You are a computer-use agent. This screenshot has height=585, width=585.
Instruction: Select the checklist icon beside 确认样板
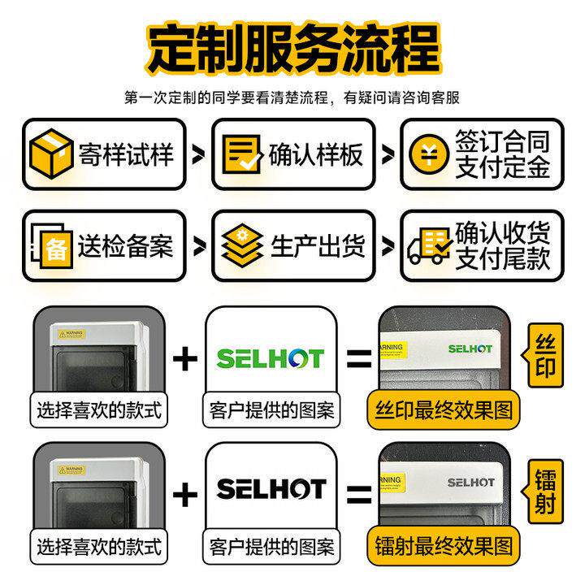[x=242, y=154]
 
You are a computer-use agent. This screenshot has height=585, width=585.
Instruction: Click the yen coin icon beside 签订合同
[x=429, y=154]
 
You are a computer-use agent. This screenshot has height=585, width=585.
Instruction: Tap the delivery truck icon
[x=429, y=245]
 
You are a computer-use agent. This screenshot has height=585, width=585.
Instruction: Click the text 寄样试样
[x=126, y=154]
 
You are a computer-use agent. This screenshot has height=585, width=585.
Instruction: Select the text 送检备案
[x=126, y=246]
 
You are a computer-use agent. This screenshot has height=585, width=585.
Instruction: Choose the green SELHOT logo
[x=270, y=357]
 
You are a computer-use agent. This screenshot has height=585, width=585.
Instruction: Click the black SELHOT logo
[x=270, y=488]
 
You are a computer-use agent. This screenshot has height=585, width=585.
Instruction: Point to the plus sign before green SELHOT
[x=186, y=358]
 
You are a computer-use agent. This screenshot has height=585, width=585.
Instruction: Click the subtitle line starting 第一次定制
[x=292, y=98]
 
